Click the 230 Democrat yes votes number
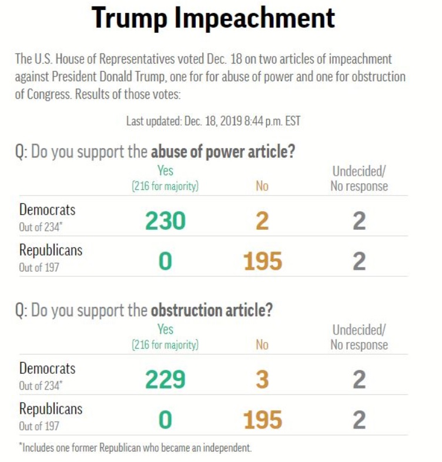pyautogui.click(x=165, y=221)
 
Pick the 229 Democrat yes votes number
pyautogui.click(x=165, y=380)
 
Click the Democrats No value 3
pyautogui.click(x=262, y=380)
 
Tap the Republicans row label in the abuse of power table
pyautogui.click(x=51, y=250)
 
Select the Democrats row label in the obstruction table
pyautogui.click(x=47, y=369)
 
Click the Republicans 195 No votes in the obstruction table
pyautogui.click(x=262, y=420)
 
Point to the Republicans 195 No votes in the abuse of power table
pyautogui.click(x=262, y=262)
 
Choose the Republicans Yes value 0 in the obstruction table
pyautogui.click(x=165, y=420)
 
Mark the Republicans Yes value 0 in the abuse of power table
pyautogui.click(x=165, y=262)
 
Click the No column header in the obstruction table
pyautogui.click(x=262, y=345)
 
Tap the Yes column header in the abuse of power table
pyautogui.click(x=165, y=171)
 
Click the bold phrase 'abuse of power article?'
pyautogui.click(x=223, y=152)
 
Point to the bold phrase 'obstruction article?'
pyautogui.click(x=212, y=310)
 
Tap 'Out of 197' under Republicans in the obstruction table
pyautogui.click(x=39, y=426)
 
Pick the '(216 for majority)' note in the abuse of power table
pyautogui.click(x=165, y=186)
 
